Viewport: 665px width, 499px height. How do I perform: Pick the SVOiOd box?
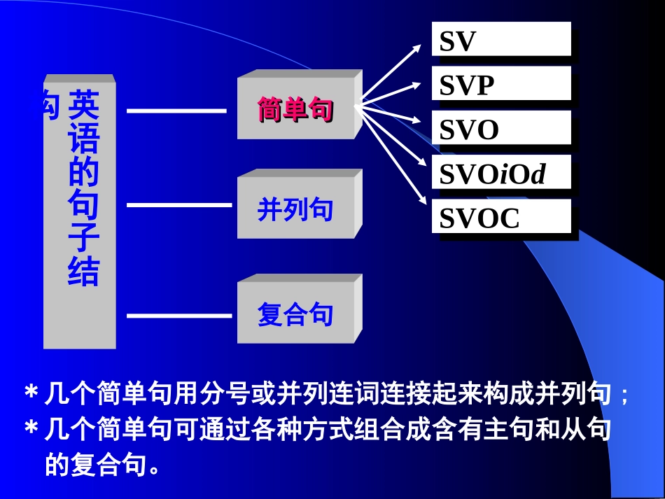[x=500, y=173]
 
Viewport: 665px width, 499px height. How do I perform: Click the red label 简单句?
[x=295, y=110]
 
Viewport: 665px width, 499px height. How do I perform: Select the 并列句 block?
[x=295, y=209]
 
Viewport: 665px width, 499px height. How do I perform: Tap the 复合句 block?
[x=295, y=314]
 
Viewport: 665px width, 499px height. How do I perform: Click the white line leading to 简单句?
[x=176, y=111]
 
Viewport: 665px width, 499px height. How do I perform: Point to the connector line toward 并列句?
[x=176, y=205]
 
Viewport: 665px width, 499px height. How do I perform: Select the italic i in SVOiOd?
[x=503, y=175]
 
